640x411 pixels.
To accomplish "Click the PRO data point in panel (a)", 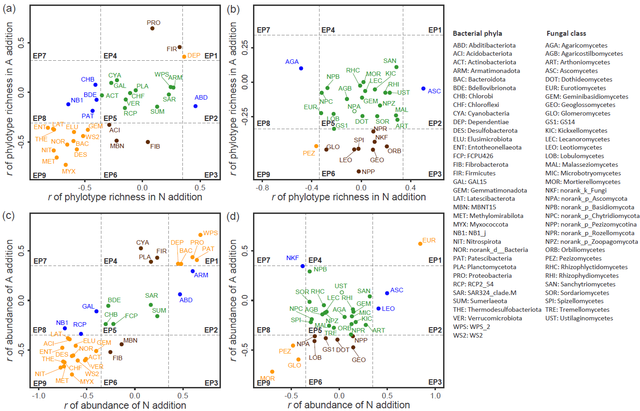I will (x=152, y=29).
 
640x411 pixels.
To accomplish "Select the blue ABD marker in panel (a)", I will (x=196, y=106).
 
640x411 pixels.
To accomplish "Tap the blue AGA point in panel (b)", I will (x=301, y=68).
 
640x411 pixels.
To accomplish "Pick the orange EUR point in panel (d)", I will (x=420, y=244).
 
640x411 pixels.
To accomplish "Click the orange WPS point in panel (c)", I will (x=200, y=235).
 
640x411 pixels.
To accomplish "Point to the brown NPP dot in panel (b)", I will (x=358, y=171).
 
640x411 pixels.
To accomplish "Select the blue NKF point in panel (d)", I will (x=302, y=266).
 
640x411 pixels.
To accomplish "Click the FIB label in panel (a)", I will (x=155, y=146).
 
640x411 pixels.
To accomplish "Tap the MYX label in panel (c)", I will (x=87, y=382).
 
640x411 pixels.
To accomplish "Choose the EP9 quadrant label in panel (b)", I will (x=263, y=174).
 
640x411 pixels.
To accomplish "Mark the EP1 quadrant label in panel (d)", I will (x=435, y=260).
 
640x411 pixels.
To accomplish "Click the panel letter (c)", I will (x=9, y=215).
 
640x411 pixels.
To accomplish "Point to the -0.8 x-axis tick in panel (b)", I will (x=262, y=187).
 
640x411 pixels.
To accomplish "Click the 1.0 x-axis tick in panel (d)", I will (x=435, y=395).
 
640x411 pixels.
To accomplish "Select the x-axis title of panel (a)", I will (x=125, y=197).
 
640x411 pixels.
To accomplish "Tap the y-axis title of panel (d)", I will (x=233, y=300).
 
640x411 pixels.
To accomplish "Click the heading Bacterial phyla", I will (x=477, y=33).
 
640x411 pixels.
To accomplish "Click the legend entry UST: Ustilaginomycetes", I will (x=579, y=318).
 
